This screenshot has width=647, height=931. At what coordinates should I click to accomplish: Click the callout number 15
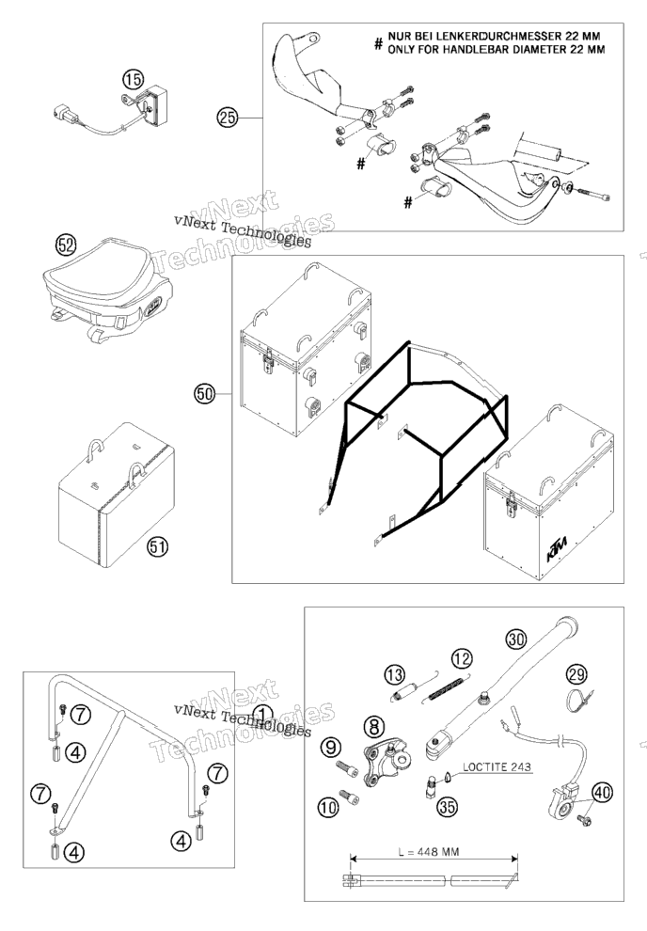134,79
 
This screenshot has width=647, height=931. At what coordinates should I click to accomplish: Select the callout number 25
227,118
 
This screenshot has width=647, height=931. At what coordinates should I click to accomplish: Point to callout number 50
205,393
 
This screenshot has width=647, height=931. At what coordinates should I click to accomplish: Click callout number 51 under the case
157,546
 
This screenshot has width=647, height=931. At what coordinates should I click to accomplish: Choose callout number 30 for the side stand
516,639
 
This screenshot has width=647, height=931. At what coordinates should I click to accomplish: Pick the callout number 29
576,673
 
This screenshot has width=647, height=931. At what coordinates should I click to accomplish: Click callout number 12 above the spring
462,658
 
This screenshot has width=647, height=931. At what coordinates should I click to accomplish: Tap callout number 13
394,674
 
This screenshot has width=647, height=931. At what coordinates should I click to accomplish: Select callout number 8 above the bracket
373,726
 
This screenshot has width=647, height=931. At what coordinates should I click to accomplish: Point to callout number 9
332,748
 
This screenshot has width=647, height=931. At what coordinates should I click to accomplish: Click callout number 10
328,806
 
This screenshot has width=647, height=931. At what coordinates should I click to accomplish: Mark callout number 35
448,806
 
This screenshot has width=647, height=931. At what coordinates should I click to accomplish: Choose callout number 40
603,792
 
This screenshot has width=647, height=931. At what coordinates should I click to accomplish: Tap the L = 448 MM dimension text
428,851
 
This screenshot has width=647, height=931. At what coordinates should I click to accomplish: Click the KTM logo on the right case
557,548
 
